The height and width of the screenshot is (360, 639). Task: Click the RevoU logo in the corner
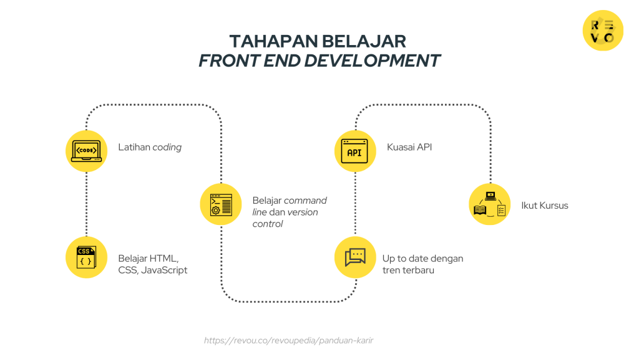[603, 31]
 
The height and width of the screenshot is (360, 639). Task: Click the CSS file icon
[86, 257]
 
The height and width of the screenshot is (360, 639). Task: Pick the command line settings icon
[221, 204]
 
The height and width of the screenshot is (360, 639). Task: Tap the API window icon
[355, 151]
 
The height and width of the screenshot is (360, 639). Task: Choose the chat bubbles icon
[355, 257]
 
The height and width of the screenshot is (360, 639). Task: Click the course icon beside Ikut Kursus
[489, 204]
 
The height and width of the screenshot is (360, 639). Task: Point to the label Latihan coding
[150, 147]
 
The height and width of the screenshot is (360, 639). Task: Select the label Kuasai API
[409, 147]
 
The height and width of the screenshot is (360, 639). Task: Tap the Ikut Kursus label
[545, 205]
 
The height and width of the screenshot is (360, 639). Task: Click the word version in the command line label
[303, 212]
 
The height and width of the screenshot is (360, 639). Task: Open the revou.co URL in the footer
[288, 341]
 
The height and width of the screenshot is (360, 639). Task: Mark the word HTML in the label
[164, 258]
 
